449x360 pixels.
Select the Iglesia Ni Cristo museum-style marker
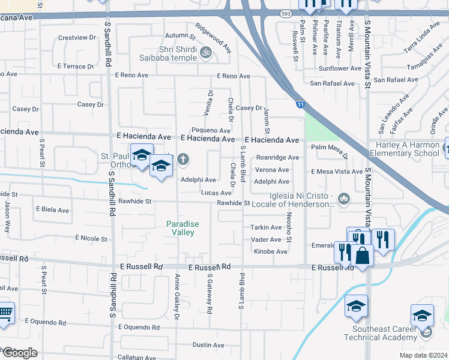pyautogui.click(x=344, y=198)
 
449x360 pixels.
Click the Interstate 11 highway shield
pyautogui.click(x=300, y=104)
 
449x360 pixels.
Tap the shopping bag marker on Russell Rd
pyautogui.click(x=362, y=256)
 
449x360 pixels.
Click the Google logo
pyautogui.click(x=19, y=353)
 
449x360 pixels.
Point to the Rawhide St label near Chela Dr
pyautogui.click(x=233, y=203)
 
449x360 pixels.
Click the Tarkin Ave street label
pyautogui.click(x=266, y=227)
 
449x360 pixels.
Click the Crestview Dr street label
pyautogui.click(x=77, y=37)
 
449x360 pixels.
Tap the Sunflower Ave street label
pyautogui.click(x=340, y=68)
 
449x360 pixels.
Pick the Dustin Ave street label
pyautogui.click(x=208, y=345)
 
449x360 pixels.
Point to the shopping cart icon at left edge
pyautogui.click(x=5, y=313)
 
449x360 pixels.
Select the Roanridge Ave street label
pyautogui.click(x=277, y=158)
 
